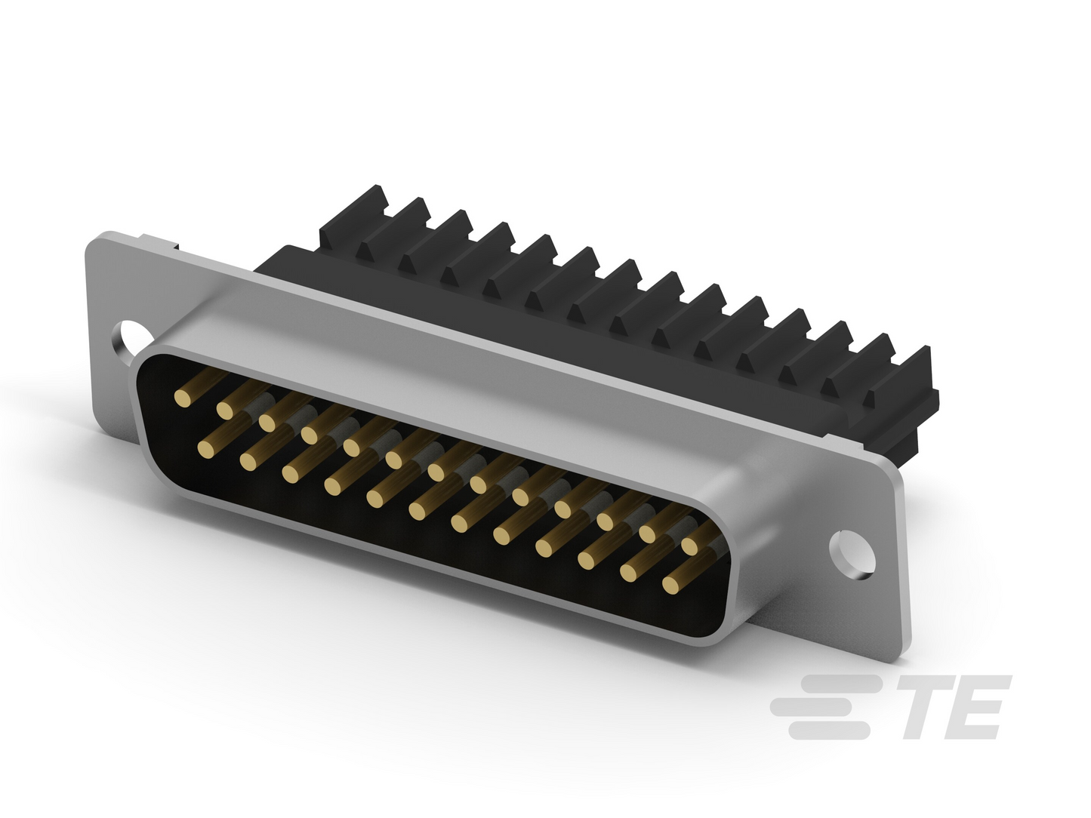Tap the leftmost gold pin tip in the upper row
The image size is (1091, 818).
coord(183,398)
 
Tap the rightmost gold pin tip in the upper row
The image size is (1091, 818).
coord(690,546)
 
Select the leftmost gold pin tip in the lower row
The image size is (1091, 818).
coord(206,448)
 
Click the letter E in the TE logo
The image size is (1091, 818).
coord(974,707)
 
